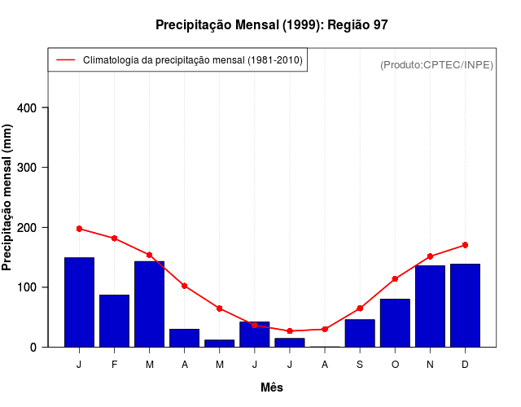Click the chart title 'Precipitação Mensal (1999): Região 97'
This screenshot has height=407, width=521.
click(272, 25)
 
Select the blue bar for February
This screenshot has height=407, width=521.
click(114, 321)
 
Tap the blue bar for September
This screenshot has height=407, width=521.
click(360, 333)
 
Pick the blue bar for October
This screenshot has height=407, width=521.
click(395, 323)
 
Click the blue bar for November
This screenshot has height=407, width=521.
click(430, 306)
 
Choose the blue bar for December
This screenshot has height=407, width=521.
click(465, 305)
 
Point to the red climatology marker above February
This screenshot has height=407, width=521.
click(114, 239)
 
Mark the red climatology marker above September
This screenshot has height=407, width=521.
click(360, 309)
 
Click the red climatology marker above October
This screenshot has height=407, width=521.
click(395, 279)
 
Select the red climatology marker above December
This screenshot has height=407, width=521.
click(465, 245)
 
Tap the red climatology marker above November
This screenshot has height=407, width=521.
click(430, 256)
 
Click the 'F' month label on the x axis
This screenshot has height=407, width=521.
click(114, 365)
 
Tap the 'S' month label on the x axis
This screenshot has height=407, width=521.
click(360, 365)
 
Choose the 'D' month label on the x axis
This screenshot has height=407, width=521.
click(465, 365)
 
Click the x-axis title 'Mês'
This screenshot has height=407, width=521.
click(272, 388)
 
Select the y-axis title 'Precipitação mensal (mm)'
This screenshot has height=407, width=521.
click(8, 197)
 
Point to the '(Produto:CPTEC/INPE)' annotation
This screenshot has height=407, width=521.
click(437, 64)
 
